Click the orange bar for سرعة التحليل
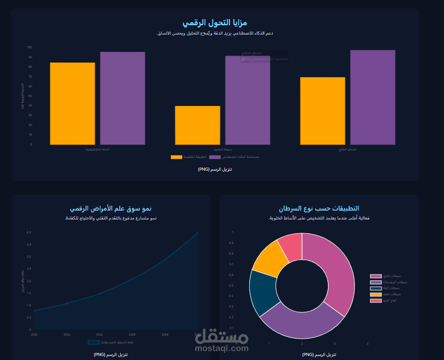tap(197, 125)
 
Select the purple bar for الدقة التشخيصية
tap(122, 98)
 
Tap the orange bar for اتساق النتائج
tap(322, 111)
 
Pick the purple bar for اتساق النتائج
tap(373, 97)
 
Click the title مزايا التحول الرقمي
tap(215, 22)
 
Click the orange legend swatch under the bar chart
tap(176, 157)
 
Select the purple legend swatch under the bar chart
tap(215, 157)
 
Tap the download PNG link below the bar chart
tap(215, 169)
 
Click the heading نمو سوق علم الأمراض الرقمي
tap(110, 208)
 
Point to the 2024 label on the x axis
tap(99, 334)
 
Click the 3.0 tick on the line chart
tap(29, 257)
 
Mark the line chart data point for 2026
tap(165, 259)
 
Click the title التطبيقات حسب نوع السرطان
tap(319, 208)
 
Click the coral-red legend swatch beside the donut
tap(376, 301)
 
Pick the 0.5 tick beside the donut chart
tap(232, 286)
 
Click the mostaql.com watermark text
tap(222, 348)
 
